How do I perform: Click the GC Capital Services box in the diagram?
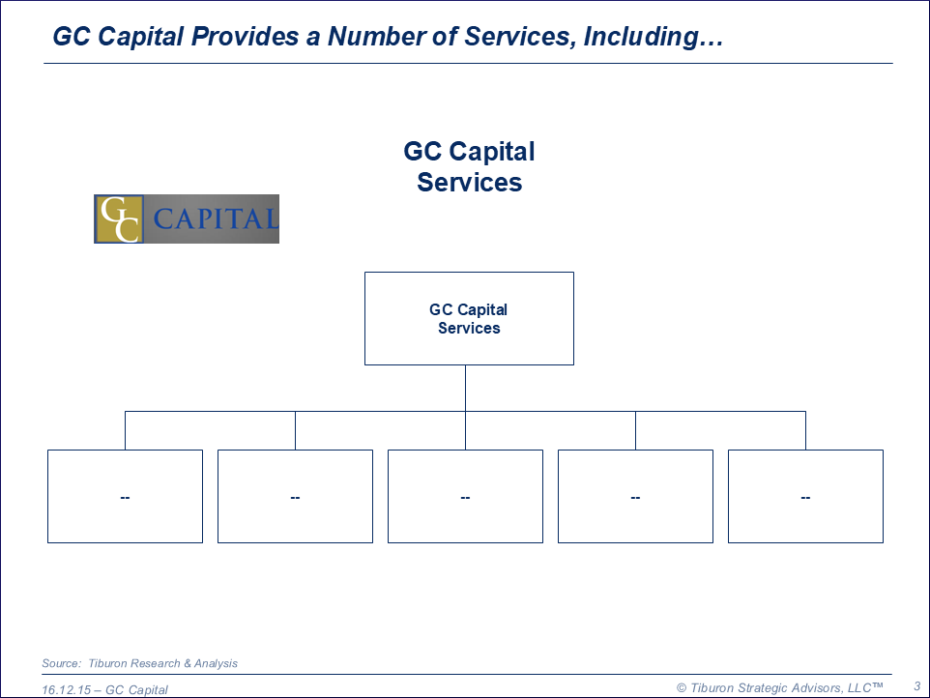coord(469,319)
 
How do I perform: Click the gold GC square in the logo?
coord(119,219)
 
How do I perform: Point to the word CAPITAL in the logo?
coord(215,219)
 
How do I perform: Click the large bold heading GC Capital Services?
coord(469,166)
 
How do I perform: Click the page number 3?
coord(916,685)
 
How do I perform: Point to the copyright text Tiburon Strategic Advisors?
coord(778,687)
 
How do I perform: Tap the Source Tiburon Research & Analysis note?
coord(139,663)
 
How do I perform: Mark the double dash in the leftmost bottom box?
coord(125,497)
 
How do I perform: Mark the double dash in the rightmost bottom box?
coord(805,497)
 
